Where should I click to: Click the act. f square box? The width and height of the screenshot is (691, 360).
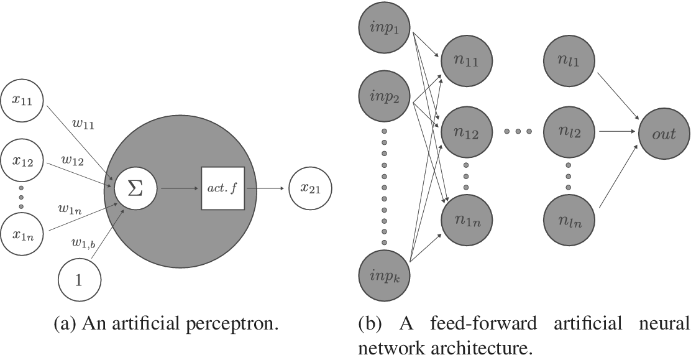223,188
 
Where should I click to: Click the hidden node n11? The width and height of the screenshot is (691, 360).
467,62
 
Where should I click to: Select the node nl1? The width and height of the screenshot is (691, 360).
569,62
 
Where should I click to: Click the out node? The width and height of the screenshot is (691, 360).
664,133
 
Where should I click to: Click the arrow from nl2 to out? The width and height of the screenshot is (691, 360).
617,132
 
